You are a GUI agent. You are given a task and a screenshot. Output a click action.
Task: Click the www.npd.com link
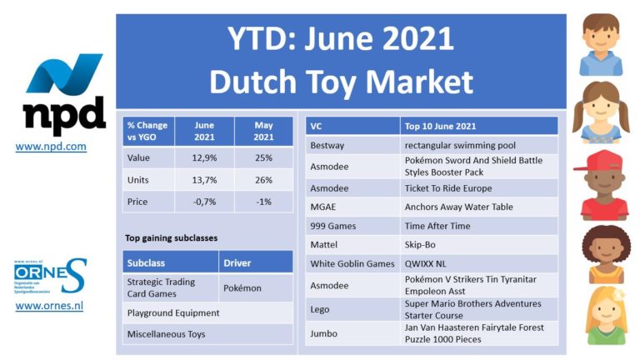coord(51,146)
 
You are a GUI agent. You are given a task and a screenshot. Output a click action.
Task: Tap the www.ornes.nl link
coord(49,306)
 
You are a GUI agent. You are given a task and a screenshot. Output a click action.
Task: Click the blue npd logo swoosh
coord(64,73)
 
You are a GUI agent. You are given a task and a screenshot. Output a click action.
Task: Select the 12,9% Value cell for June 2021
coord(204,157)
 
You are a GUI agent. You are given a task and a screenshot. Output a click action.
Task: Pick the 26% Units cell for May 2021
coord(263,180)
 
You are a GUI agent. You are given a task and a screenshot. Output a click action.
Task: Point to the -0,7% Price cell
coord(204,202)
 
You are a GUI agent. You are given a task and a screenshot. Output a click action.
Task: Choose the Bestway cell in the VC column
coord(352,145)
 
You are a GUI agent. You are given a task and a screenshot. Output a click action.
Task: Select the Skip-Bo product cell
coord(479,244)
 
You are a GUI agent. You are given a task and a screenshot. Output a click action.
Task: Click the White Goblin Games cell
coord(352,263)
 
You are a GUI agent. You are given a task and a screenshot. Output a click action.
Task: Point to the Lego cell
coord(352,309)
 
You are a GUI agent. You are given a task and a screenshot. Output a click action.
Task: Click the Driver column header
coord(256,262)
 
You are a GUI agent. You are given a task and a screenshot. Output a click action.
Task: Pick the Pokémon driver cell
coord(256,287)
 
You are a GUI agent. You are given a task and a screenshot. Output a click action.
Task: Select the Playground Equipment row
coord(207,312)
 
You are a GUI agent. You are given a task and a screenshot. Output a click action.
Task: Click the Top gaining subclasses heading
coord(172,238)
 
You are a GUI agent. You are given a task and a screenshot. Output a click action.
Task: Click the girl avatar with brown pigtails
coord(601,112)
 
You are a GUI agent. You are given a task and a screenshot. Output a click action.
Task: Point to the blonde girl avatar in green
coord(606,316)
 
